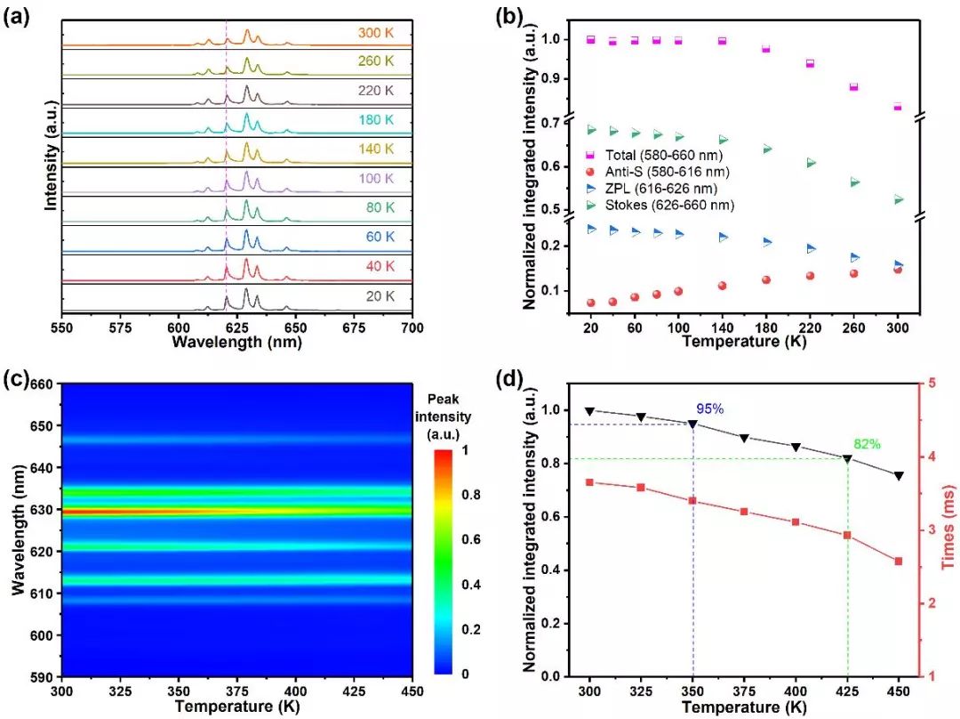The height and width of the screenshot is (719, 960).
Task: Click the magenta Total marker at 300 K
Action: point(898,107)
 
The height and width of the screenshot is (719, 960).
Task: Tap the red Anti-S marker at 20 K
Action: point(591,303)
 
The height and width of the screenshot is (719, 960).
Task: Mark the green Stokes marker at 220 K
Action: point(810,163)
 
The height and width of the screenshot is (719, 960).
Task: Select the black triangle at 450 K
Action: point(899,476)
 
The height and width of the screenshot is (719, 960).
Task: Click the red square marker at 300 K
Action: point(590,482)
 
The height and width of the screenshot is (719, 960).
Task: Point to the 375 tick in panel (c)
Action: point(236,691)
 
